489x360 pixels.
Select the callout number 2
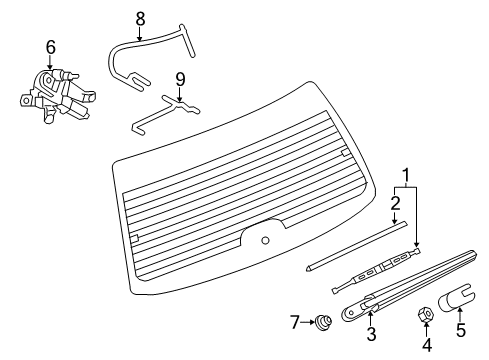pyautogui.click(x=395, y=204)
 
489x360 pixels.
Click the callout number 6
pyautogui.click(x=49, y=46)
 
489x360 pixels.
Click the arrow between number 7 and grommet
pyautogui.click(x=281, y=321)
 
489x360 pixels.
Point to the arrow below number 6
pyautogui.click(x=49, y=62)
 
